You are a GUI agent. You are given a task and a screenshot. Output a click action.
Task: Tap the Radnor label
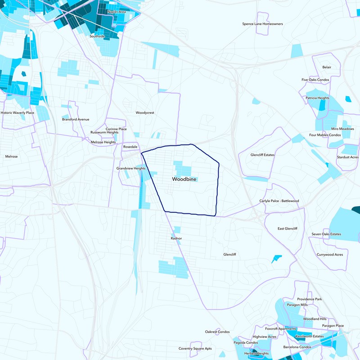[176, 238]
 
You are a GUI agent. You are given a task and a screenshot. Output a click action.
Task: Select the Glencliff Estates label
[262, 155]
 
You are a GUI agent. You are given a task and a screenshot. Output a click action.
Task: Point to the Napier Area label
[117, 12]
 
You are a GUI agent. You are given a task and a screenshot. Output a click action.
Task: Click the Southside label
[97, 36]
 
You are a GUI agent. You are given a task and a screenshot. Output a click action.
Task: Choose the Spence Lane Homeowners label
[262, 24]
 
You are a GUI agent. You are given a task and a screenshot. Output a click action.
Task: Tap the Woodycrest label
[145, 112]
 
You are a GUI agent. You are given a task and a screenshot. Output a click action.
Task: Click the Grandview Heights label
[131, 168]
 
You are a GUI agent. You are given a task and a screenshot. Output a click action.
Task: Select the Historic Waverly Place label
[17, 112]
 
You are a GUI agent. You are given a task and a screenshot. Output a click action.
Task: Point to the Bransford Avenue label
[76, 119]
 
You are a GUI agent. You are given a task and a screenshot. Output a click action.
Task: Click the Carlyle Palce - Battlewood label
[279, 201]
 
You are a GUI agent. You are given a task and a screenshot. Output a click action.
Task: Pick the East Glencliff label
[288, 229]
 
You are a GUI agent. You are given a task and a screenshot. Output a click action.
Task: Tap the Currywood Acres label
[330, 255]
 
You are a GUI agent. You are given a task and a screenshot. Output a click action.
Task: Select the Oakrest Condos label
[217, 332]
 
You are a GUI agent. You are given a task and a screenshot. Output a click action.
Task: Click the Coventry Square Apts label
[195, 348]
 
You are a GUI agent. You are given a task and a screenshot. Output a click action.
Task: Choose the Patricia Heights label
[317, 98]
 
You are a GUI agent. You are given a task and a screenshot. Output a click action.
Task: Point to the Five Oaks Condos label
[315, 80]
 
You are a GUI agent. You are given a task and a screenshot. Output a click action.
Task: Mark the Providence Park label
[310, 299]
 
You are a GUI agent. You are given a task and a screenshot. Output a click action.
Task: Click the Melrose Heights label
[103, 142]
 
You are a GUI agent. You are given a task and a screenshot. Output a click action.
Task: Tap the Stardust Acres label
[348, 157]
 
